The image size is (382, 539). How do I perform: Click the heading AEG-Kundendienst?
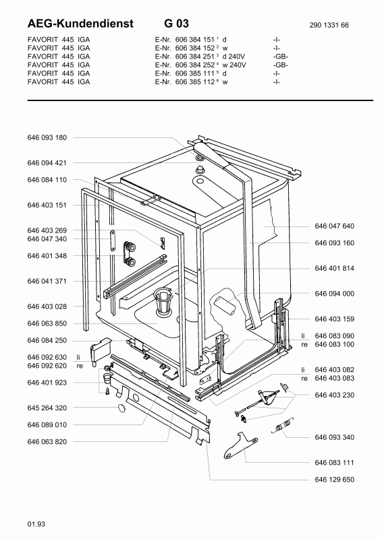click(x=80, y=24)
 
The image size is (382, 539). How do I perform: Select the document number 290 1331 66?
click(x=329, y=25)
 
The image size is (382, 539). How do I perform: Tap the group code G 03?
click(x=176, y=24)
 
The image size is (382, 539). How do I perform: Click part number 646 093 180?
click(x=47, y=137)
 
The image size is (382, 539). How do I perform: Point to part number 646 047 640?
click(x=334, y=226)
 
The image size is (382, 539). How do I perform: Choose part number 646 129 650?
click(x=334, y=480)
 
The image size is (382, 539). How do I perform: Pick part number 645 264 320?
click(x=47, y=408)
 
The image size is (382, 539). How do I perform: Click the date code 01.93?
click(x=36, y=524)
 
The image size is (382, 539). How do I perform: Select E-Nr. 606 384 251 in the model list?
click(x=185, y=57)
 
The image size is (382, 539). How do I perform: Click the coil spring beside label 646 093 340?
click(x=283, y=426)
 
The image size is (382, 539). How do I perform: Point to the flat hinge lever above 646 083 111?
click(x=240, y=445)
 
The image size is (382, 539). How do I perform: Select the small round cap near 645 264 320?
click(x=122, y=408)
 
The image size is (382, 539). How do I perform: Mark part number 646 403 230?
click(x=334, y=395)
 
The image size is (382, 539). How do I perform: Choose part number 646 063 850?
click(x=47, y=323)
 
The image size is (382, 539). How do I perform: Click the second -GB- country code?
click(x=280, y=65)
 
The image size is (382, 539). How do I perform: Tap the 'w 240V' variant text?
click(x=234, y=65)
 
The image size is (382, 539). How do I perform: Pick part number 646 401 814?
click(x=334, y=268)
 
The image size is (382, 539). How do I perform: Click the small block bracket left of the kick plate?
click(x=100, y=349)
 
